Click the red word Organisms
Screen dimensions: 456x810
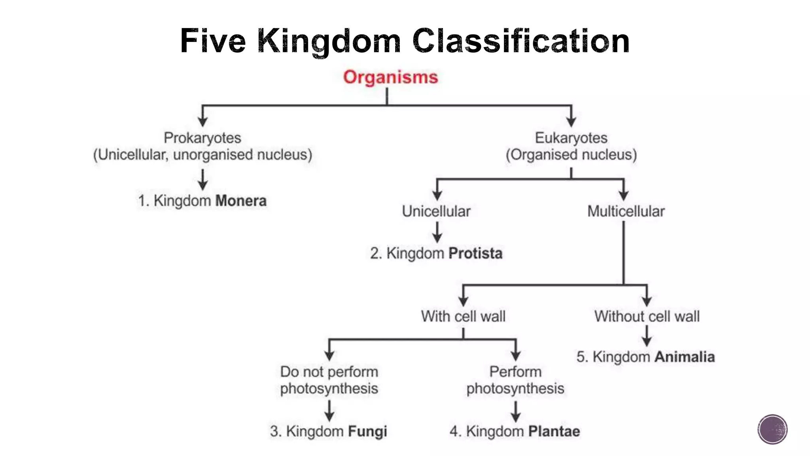pos(390,77)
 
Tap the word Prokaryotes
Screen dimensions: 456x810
pos(202,138)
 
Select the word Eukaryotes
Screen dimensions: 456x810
pos(571,138)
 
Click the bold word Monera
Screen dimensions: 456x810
pos(241,201)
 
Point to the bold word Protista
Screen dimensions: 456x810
pos(475,253)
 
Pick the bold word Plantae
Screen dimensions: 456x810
pos(554,431)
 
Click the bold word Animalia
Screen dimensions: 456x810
pos(685,357)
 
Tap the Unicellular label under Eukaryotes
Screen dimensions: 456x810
pos(436,211)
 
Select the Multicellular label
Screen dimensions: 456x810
pos(626,211)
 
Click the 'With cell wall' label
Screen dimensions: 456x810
pos(463,316)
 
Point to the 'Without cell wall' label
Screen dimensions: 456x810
pos(647,316)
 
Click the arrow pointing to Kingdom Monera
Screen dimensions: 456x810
pos(203,180)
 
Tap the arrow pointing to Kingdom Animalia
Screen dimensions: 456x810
pos(647,336)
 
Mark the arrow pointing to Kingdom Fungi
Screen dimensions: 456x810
pos(329,410)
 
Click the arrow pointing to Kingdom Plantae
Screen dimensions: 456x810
pos(515,411)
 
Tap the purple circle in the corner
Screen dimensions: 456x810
pos(772,429)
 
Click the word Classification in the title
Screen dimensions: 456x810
pos(520,41)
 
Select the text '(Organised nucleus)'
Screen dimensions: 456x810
pos(571,154)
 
